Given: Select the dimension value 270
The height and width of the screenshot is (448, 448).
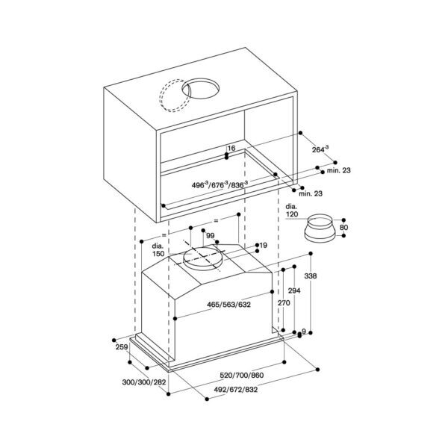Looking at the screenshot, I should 284,304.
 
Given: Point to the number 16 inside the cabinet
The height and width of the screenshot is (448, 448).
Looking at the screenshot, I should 231,149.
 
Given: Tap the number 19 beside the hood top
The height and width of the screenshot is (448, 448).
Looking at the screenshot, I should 263,245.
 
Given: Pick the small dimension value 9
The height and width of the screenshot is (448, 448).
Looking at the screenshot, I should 304,332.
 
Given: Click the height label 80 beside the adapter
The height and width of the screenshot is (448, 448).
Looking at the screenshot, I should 343,227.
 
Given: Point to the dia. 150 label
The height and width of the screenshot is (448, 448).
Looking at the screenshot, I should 158,250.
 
